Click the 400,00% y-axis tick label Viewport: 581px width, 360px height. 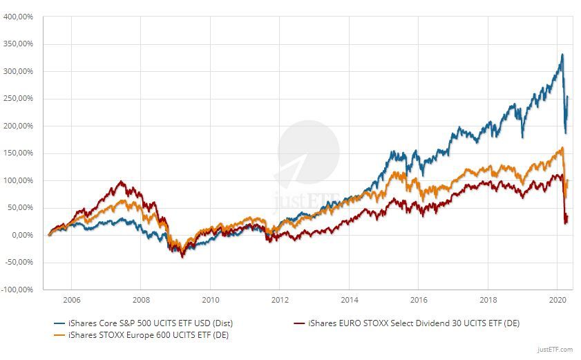coord(19,17)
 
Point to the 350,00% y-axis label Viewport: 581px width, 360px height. coord(19,44)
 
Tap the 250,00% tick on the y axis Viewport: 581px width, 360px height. coord(19,98)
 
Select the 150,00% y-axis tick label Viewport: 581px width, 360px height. coord(19,153)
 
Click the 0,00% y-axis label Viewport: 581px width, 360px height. coord(22,235)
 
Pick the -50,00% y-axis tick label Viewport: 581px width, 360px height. coord(19,262)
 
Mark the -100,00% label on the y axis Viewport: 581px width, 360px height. coord(17,290)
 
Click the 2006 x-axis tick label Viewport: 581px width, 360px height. coord(71,300)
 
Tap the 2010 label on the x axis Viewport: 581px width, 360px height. coord(210,300)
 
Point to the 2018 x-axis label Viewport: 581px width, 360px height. coord(488,300)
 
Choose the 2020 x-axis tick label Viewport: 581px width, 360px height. coord(558,300)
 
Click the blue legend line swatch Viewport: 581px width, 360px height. coord(54,323)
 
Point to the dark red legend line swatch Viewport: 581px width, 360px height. coord(298,323)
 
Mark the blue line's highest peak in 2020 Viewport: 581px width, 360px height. coord(562,55)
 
